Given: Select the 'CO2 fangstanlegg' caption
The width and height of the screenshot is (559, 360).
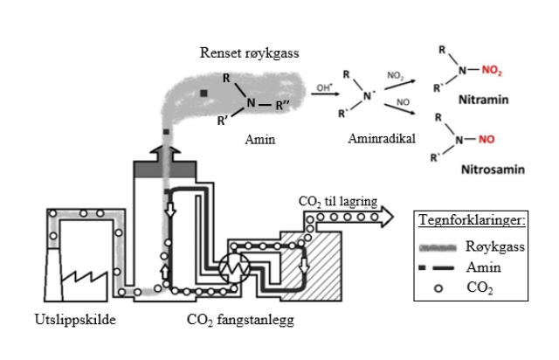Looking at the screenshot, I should (x=237, y=321).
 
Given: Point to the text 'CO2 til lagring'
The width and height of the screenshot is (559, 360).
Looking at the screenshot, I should (x=337, y=203).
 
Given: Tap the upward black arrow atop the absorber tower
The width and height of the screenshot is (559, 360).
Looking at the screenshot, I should (x=165, y=156).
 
